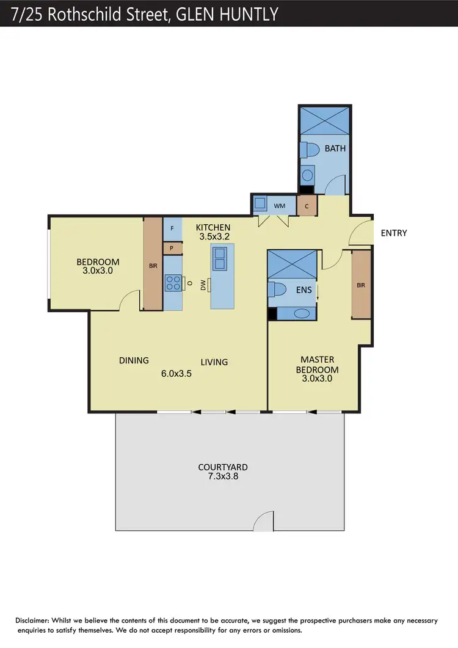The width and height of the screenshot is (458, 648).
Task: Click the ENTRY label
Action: click(394, 233)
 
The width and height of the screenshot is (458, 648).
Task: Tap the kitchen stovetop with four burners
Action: click(173, 283)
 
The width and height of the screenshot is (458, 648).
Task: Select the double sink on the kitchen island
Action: click(220, 257)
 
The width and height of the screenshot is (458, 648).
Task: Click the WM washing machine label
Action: click(279, 206)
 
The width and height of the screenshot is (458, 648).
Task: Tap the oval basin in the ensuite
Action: click(301, 313)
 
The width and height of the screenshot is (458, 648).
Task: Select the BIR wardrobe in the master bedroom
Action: click(362, 284)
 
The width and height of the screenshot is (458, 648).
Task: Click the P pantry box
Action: click(172, 249)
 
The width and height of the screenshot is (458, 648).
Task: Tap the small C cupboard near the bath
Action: click(307, 206)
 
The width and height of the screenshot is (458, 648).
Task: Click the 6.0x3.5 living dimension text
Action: click(176, 374)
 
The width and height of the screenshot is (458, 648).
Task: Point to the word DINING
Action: click(134, 360)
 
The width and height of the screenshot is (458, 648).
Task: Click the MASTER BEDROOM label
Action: click(317, 365)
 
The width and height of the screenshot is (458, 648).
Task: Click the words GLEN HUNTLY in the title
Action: click(227, 13)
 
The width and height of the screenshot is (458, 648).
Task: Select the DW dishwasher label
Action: click(203, 284)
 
